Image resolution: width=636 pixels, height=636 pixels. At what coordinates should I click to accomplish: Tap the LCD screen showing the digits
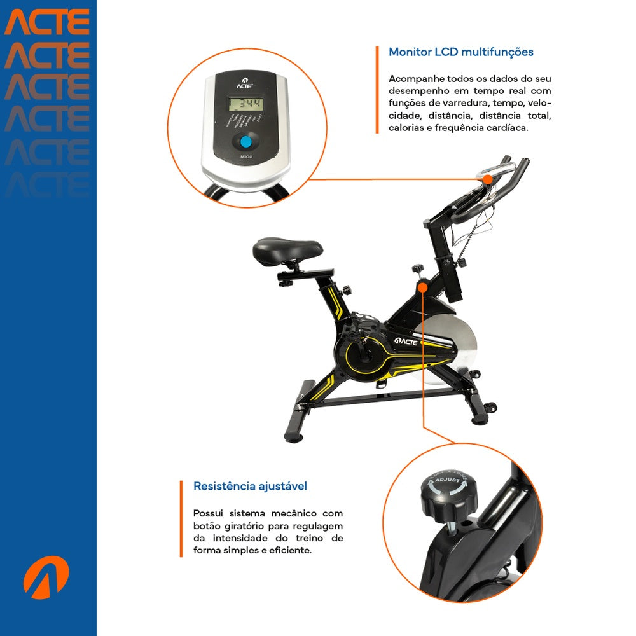point(246,104)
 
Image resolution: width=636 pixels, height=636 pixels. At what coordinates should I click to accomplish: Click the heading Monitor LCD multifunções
point(461,52)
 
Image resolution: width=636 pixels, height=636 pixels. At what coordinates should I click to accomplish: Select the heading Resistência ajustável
point(250,487)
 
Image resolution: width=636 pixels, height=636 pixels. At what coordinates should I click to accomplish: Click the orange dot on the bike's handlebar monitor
point(487,179)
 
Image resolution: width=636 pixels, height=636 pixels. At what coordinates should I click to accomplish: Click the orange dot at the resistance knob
point(422,287)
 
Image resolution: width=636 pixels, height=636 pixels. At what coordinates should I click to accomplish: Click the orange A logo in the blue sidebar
point(46,577)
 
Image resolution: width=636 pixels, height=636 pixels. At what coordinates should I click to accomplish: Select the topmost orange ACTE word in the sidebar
point(47,22)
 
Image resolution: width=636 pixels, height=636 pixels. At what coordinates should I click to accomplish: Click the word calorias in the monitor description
point(404,128)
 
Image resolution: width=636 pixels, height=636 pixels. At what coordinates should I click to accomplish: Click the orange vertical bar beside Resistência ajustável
point(181,518)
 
